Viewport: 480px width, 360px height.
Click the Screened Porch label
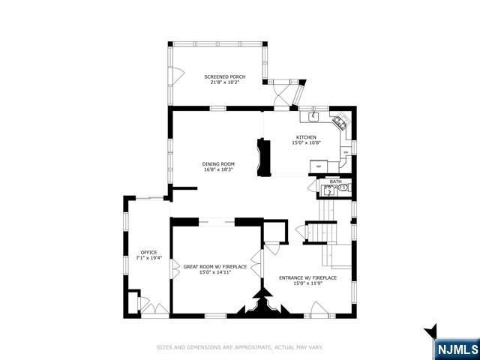coord(225,76)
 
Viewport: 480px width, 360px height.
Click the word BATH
coord(335,181)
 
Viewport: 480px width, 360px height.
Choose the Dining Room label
coord(218,163)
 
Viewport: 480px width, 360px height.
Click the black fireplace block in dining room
coord(263,157)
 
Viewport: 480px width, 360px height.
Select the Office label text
coord(148,252)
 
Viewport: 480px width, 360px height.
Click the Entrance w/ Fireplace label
coord(307,277)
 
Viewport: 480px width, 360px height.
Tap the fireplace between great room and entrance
coord(262,304)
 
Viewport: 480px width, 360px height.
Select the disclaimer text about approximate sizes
coord(239,347)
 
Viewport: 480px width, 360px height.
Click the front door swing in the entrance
coord(318,307)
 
